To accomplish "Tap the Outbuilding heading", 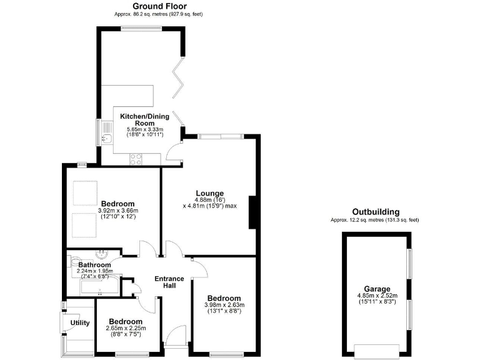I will (x=375, y=212).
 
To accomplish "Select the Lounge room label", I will (x=209, y=193).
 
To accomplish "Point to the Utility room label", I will (x=80, y=323).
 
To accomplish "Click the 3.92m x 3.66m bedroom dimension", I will (x=118, y=211).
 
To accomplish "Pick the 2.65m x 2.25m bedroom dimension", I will (x=126, y=328).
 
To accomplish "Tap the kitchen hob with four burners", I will (x=136, y=159).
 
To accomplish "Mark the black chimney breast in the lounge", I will (x=253, y=212).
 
